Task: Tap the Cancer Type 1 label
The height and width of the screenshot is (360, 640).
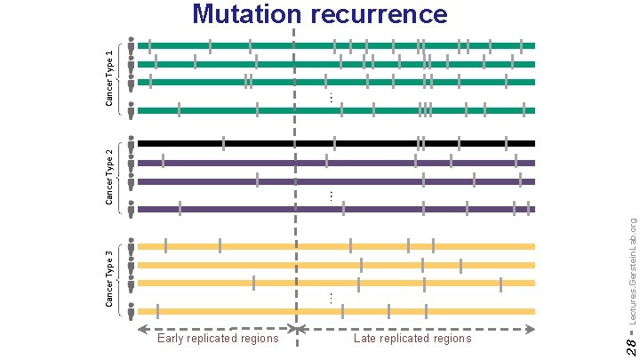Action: [109, 78]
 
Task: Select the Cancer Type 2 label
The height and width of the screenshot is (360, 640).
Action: [109, 175]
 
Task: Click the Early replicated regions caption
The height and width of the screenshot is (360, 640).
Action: [217, 338]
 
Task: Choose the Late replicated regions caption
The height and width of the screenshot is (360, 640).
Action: [412, 338]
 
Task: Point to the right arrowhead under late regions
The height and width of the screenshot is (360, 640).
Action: [532, 329]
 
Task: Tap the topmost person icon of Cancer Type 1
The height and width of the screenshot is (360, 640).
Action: [132, 44]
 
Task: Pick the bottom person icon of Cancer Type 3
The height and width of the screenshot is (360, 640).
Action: [132, 312]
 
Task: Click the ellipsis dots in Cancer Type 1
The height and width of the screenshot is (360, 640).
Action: [330, 97]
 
